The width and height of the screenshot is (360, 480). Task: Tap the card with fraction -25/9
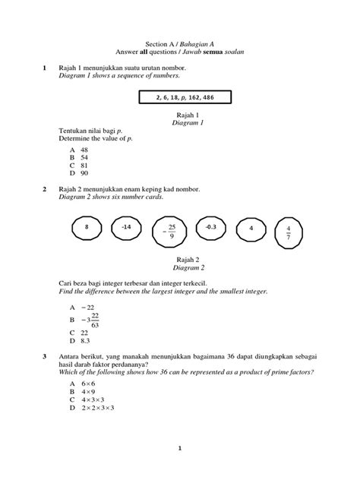pos(170,231)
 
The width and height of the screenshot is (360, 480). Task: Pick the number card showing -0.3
pos(210,227)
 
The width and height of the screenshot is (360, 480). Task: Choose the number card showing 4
pos(250,227)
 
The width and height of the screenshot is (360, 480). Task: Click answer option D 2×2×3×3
pos(91,409)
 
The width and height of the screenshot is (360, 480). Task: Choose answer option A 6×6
pos(83,384)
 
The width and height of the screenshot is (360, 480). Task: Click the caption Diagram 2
pos(180,268)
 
